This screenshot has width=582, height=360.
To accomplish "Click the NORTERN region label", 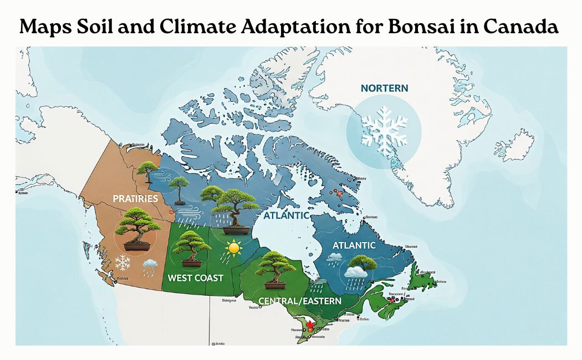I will coord(384,88).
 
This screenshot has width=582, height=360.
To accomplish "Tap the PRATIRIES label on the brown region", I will coord(135,198).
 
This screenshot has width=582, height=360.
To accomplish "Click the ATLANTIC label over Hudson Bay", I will coord(287,215).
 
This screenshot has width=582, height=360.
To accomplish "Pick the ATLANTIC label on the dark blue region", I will coord(354,245).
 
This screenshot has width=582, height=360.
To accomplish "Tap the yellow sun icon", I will coord(233,248).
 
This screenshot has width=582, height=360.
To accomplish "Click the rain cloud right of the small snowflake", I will coord(150,267).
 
